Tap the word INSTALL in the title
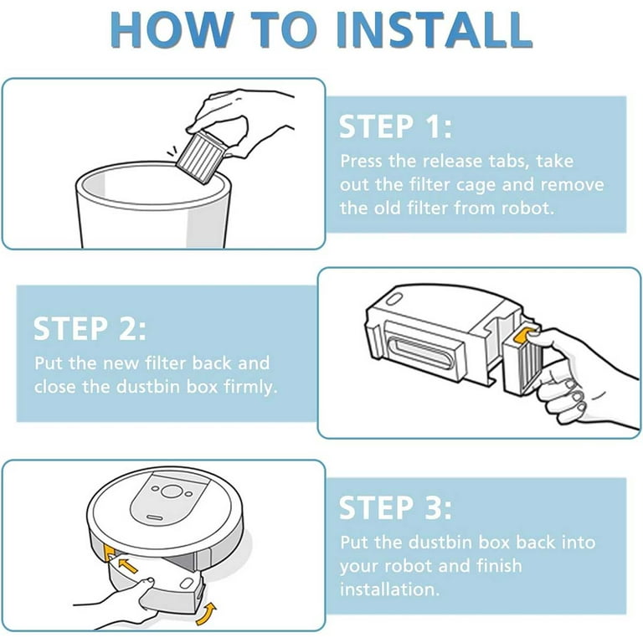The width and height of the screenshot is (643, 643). pyautogui.click(x=435, y=30)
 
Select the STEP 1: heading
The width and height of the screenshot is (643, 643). pyautogui.click(x=395, y=127)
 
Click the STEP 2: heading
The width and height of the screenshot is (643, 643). pyautogui.click(x=90, y=328)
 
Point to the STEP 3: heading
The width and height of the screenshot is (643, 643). pyautogui.click(x=395, y=508)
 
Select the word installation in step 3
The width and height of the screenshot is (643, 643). pyautogui.click(x=388, y=589)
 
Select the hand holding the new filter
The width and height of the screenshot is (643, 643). pyautogui.click(x=578, y=369)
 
